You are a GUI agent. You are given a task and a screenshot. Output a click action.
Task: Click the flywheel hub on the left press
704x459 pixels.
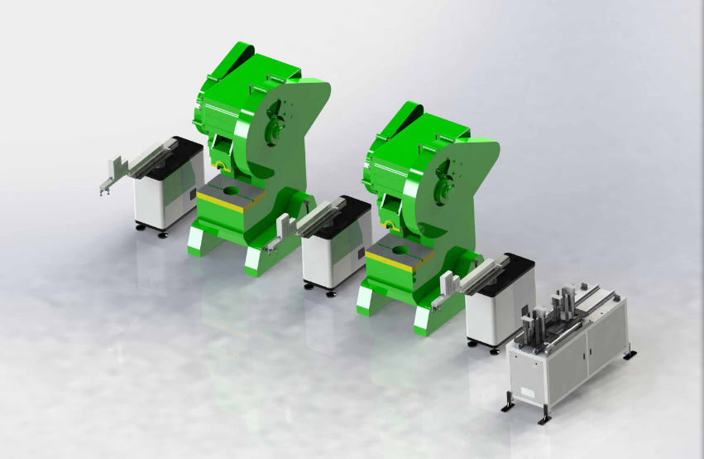[275, 127]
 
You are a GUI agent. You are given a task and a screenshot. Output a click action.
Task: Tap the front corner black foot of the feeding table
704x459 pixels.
[544, 418]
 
